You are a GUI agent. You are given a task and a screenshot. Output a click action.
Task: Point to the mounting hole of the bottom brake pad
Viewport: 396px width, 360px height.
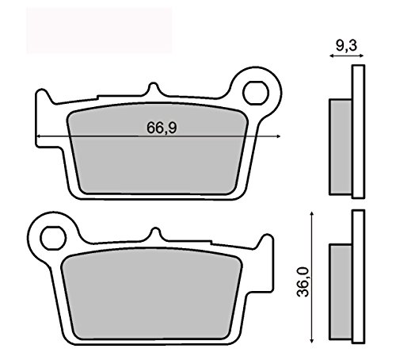(x=53, y=236)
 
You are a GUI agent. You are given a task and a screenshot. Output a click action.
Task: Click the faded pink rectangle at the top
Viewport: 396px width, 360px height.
(x=98, y=30)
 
